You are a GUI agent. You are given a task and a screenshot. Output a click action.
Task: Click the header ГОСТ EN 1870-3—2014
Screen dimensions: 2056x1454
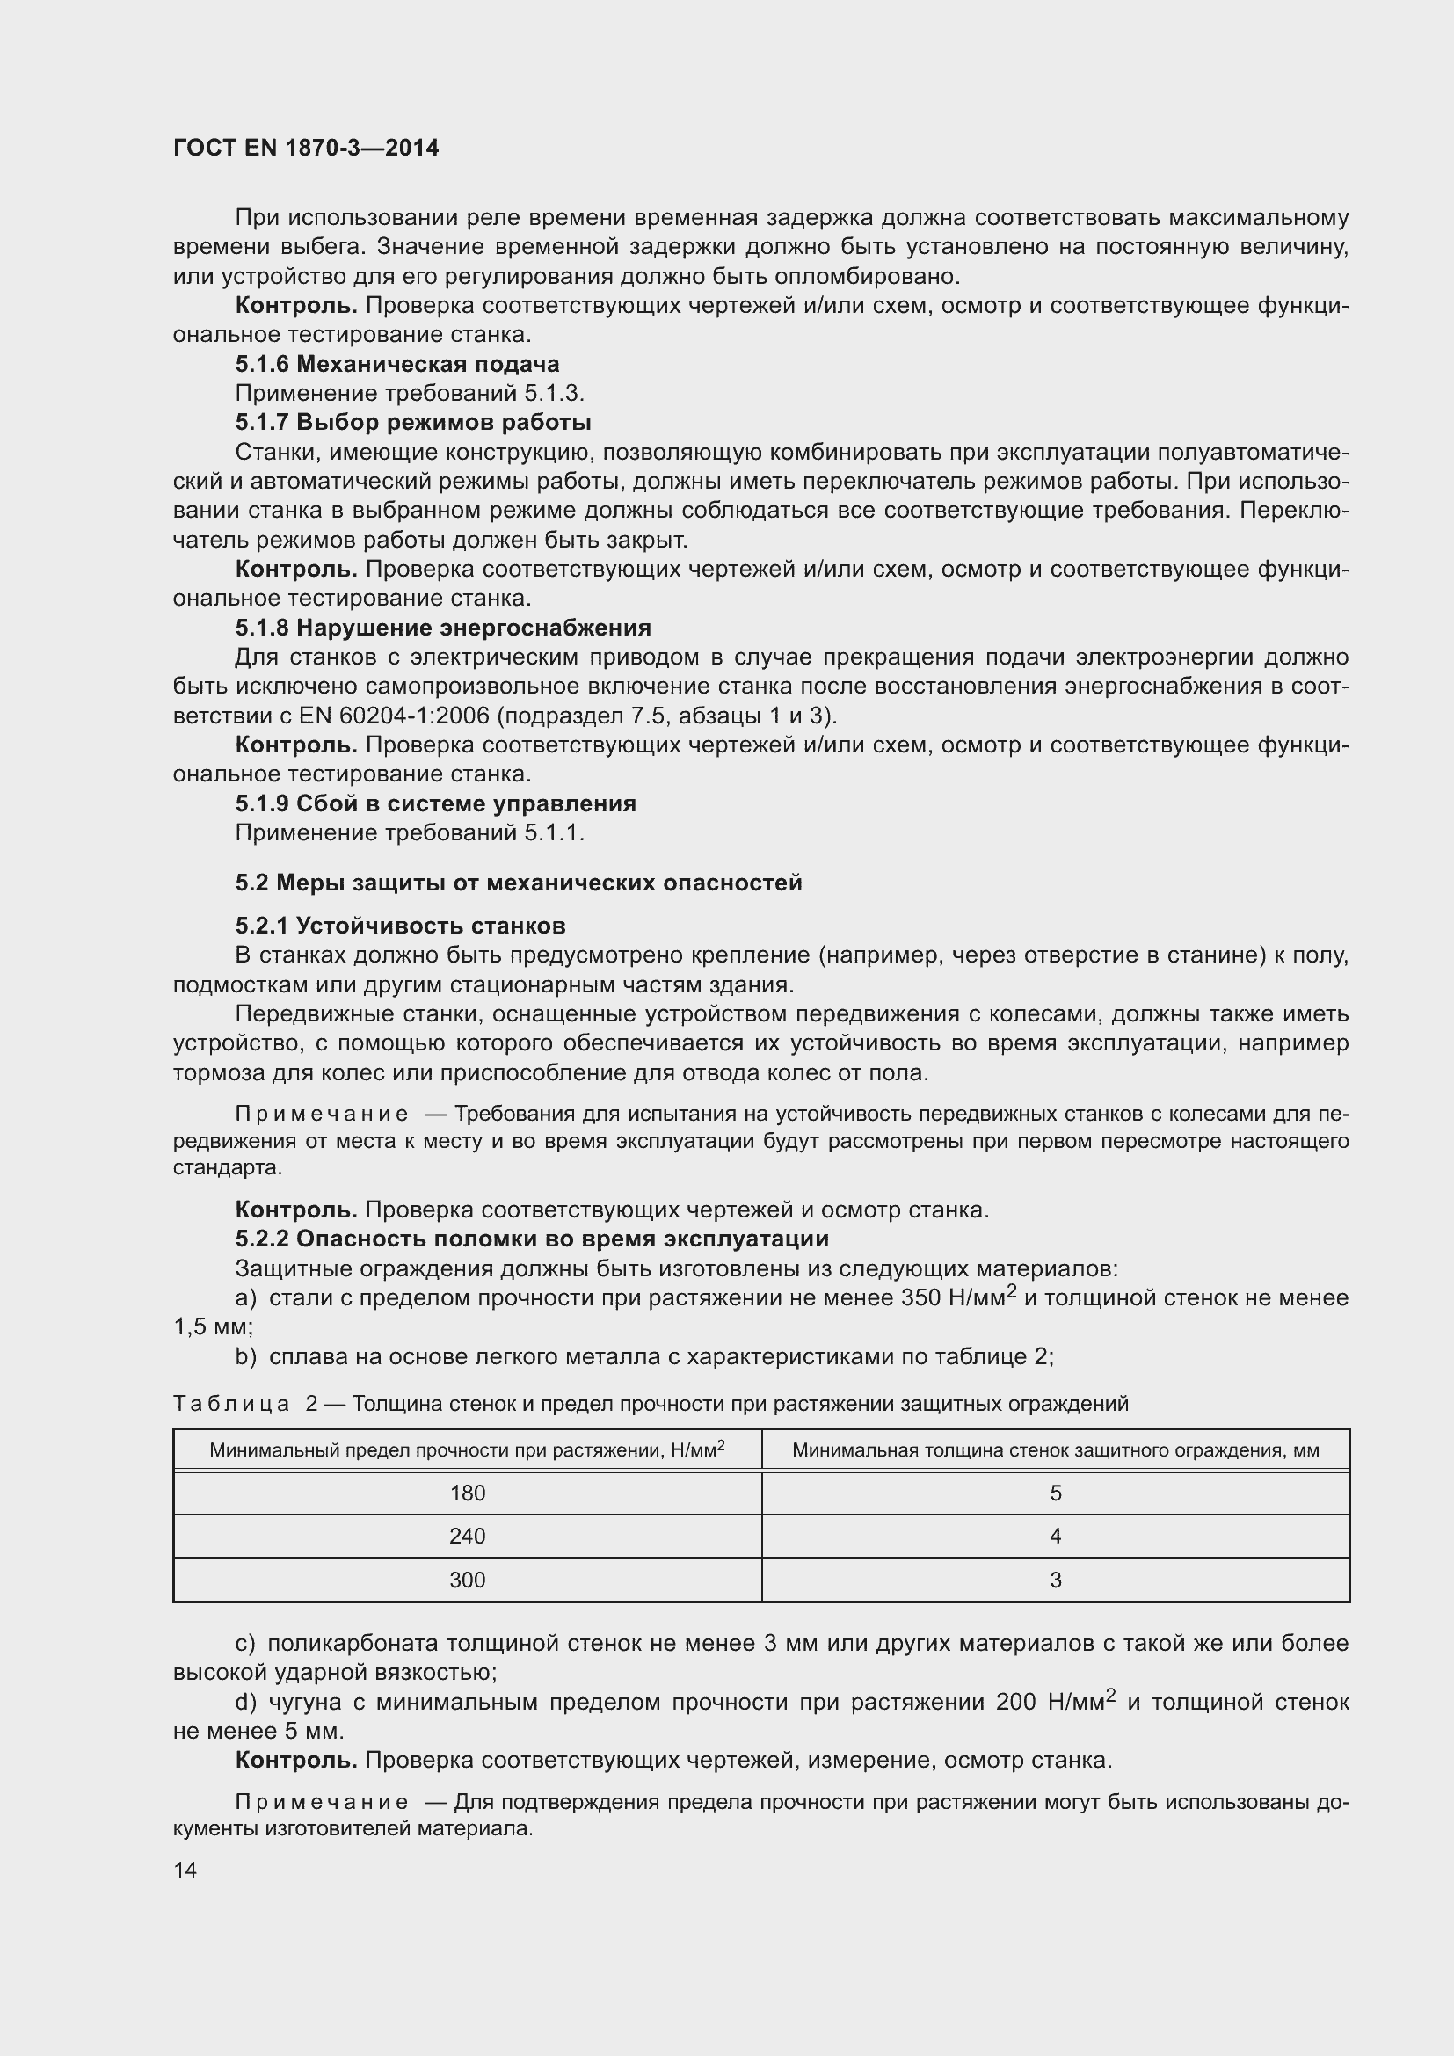[x=305, y=148]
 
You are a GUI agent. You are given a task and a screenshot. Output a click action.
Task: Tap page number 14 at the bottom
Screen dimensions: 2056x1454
[x=185, y=1870]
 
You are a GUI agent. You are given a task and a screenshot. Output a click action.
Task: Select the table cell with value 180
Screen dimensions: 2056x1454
[x=467, y=1493]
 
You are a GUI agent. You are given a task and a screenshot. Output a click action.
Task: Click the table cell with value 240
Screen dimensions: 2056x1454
[x=467, y=1536]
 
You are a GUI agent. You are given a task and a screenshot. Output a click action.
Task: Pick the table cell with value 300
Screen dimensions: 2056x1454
[x=467, y=1580]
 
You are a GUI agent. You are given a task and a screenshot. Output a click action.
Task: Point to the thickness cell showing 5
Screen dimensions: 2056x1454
[x=1055, y=1493]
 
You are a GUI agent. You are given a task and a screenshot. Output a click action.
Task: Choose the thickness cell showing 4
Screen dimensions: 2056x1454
[x=1055, y=1536]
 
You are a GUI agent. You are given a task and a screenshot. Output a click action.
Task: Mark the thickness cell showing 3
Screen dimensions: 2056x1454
[x=1055, y=1580]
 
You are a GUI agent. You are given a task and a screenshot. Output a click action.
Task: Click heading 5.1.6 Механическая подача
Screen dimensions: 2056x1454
[x=396, y=364]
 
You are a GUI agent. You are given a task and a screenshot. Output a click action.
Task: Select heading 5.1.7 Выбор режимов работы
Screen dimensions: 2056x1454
[x=413, y=422]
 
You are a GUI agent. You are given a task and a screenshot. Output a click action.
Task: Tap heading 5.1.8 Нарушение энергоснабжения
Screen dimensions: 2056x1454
[x=442, y=627]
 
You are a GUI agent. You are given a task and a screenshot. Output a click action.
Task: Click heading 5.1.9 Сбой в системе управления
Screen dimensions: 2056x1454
[x=435, y=803]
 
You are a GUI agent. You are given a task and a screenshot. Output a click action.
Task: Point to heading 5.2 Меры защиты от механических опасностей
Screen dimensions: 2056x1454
[x=519, y=883]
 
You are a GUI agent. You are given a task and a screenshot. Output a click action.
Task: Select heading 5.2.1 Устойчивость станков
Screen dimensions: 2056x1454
[x=400, y=925]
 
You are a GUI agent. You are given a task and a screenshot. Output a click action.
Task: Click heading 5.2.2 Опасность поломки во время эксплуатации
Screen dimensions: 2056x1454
[x=532, y=1239]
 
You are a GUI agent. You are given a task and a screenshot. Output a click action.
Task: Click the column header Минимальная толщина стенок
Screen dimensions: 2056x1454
[x=1055, y=1449]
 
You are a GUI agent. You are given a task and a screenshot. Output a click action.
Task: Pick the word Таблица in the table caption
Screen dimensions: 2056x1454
[x=231, y=1403]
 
